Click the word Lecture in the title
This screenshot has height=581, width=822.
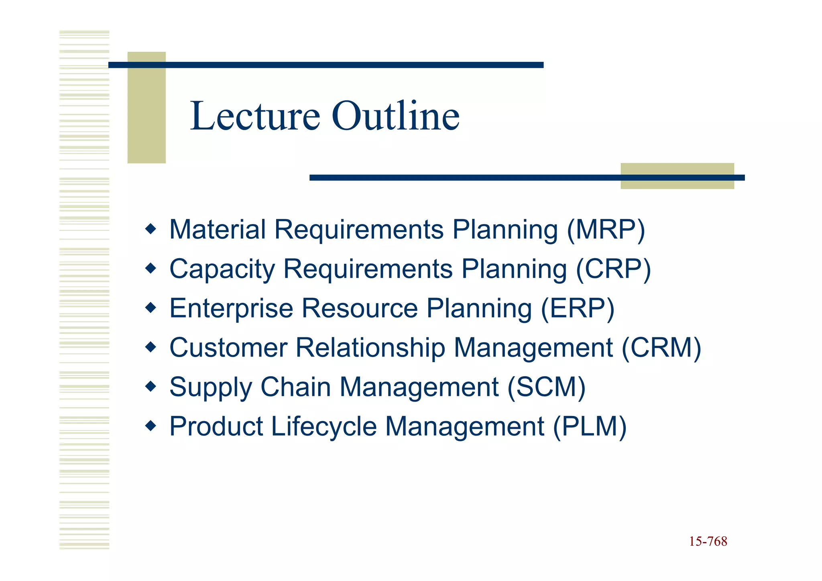coord(255,116)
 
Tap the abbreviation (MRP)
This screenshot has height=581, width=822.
coord(606,230)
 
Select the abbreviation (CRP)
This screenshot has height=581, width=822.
coord(613,269)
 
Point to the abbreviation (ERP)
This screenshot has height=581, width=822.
coord(578,308)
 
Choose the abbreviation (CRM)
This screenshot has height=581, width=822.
coord(661,348)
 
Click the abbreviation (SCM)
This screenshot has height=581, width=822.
coord(546,387)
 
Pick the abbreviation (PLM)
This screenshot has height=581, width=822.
coord(590,426)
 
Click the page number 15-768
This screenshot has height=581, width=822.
coord(708,541)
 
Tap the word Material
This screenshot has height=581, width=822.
coord(218,230)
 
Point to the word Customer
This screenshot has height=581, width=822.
coord(228,348)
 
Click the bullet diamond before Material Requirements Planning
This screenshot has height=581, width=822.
coord(151,229)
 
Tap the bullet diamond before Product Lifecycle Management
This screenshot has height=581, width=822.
coord(151,426)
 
